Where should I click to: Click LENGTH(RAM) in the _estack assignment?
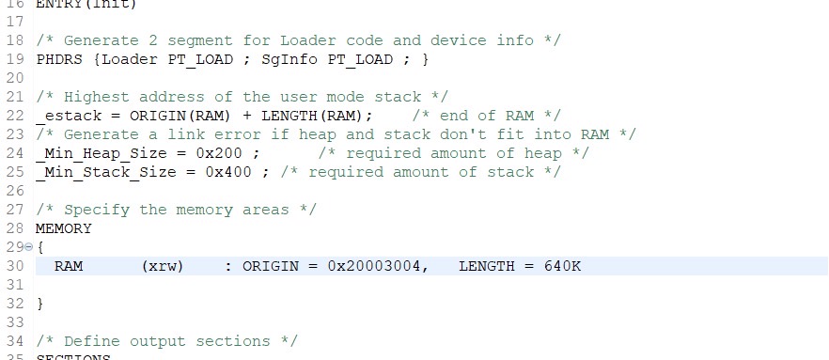[318, 116]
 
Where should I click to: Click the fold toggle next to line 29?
[28, 247]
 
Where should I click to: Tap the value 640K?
[563, 266]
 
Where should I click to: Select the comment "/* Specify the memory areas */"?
[176, 210]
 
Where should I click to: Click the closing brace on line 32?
[39, 304]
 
